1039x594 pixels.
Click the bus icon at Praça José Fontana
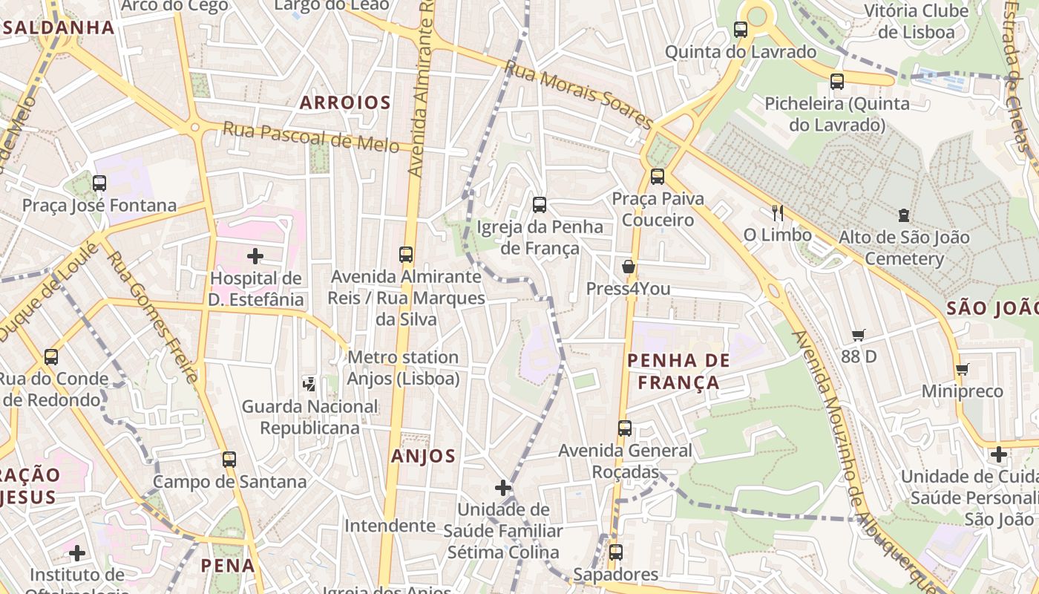click(99, 183)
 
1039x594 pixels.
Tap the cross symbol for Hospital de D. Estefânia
click(255, 256)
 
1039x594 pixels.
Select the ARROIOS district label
click(345, 102)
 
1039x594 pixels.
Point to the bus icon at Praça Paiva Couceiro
click(657, 177)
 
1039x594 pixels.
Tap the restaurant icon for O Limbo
click(777, 213)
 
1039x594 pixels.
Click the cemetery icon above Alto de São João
click(903, 215)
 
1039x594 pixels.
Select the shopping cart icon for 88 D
click(859, 335)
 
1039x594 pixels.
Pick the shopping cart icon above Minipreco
click(963, 369)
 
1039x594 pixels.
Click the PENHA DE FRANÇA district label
click(678, 371)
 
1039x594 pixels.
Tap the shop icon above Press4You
click(628, 267)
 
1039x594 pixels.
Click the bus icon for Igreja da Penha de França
click(540, 204)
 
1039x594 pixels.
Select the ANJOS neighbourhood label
click(424, 456)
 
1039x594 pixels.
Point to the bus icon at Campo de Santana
click(229, 460)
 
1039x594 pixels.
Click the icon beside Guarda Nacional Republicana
click(309, 384)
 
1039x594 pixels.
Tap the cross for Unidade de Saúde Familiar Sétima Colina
click(503, 488)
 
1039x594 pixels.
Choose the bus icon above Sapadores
click(615, 552)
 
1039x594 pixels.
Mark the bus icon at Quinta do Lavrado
click(741, 30)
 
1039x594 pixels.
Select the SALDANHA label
click(58, 28)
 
